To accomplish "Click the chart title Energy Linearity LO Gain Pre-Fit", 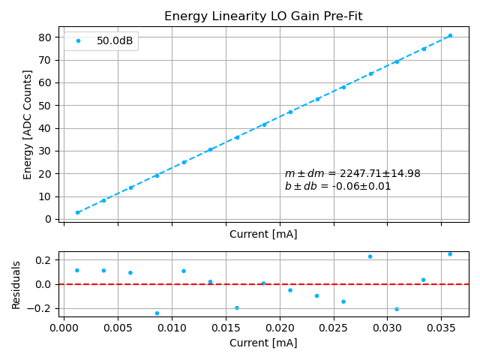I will (x=263, y=16).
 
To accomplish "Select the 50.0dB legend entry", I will (x=115, y=41).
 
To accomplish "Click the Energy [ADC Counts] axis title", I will (x=28, y=124).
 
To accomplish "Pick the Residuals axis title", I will (x=16, y=285).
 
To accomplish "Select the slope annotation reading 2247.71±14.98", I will (x=352, y=173).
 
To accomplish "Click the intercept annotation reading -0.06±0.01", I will (x=337, y=186).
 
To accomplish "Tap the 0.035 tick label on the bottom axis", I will (x=441, y=328).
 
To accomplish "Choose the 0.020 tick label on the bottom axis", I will (x=280, y=328).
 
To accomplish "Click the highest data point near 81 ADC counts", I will (x=450, y=35).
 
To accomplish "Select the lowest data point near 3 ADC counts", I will (x=77, y=212).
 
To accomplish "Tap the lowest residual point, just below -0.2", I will (x=157, y=313).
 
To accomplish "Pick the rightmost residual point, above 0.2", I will (x=450, y=254).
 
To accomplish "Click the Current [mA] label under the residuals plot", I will (x=263, y=343).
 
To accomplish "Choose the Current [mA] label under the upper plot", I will (x=263, y=234).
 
